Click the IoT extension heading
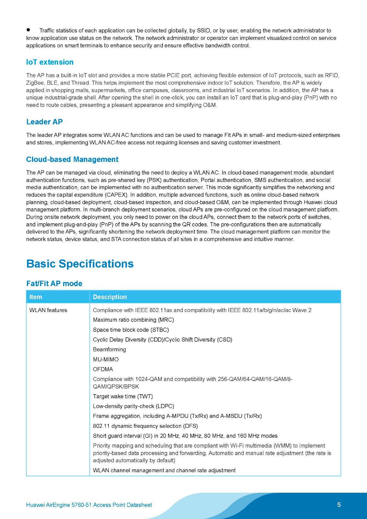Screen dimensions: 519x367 tap(50, 62)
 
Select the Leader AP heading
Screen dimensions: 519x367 tap(44, 122)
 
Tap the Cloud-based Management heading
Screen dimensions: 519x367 tap(72, 159)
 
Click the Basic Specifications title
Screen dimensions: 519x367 tap(80, 263)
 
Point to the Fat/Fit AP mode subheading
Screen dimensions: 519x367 tap(54, 284)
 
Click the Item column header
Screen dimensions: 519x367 tap(36, 297)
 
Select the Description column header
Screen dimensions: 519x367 tap(110, 297)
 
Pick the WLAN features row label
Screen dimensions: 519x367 tap(48, 310)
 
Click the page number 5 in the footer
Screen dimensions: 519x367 tap(339, 504)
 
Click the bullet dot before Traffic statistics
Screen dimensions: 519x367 tap(28, 30)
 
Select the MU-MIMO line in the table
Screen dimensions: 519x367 tap(106, 359)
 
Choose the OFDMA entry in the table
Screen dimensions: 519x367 tap(103, 369)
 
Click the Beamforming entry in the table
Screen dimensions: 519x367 tap(109, 349)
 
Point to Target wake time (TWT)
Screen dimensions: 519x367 tap(123, 396)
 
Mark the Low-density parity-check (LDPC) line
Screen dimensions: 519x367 tap(133, 406)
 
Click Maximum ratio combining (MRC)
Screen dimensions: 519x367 tap(133, 320)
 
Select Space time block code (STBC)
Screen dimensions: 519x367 tap(131, 330)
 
